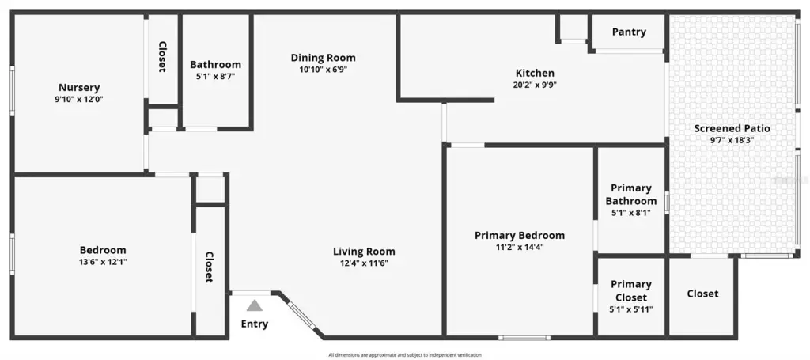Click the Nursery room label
79,88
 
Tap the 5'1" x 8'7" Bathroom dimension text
215,77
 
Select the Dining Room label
324,57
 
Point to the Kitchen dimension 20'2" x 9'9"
535,85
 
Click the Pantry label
629,32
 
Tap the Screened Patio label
732,128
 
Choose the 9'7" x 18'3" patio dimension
732,140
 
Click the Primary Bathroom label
630,194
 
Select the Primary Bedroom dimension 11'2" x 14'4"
520,248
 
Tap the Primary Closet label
630,291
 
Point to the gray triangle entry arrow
254,305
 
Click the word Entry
255,324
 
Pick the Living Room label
364,252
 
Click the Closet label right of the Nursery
162,57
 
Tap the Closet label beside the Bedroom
209,267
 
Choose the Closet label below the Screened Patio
702,294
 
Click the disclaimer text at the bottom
405,354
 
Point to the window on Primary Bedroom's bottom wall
524,338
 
